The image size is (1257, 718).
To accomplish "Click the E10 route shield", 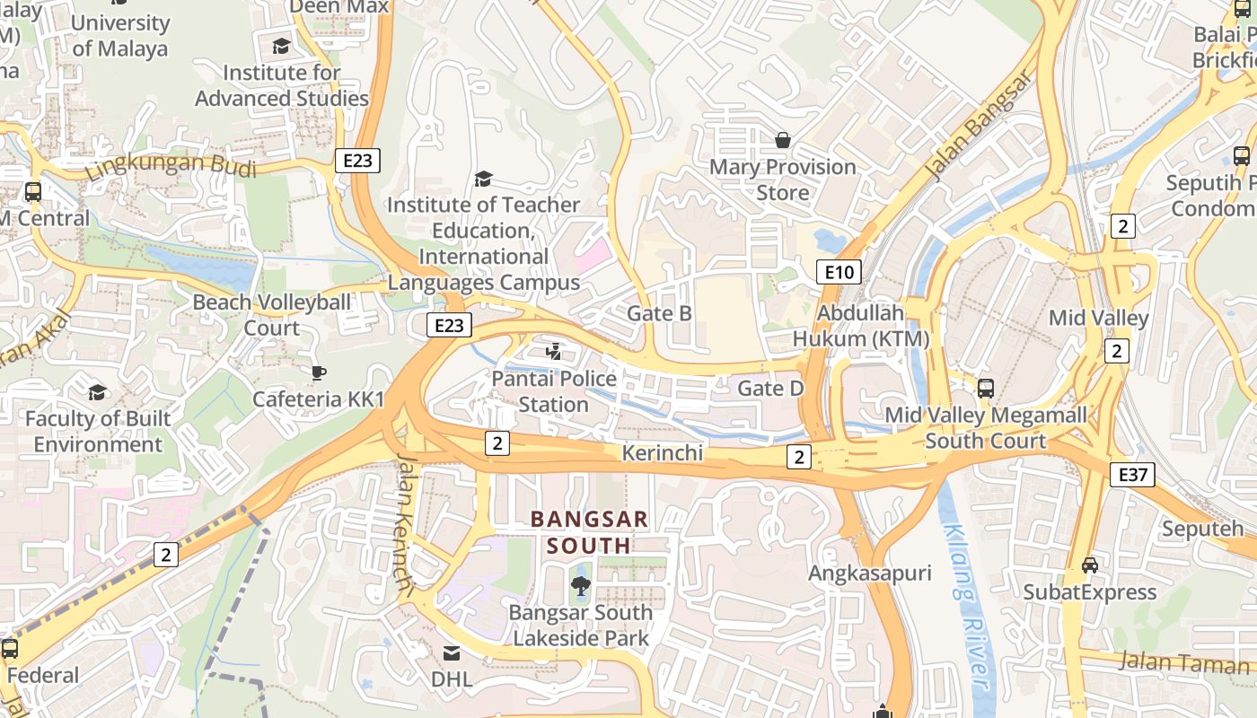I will [x=839, y=272].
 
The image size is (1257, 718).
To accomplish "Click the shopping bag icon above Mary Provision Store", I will [x=783, y=140].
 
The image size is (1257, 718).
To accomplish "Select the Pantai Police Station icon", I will [x=555, y=351].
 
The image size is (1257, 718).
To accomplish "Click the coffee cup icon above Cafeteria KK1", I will [x=318, y=372].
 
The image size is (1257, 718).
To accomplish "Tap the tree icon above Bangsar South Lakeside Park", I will [x=581, y=587].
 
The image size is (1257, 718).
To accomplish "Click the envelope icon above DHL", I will [x=452, y=652].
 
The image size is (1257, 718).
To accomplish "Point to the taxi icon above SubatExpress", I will [x=1090, y=565].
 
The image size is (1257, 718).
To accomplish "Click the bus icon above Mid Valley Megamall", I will [x=986, y=389].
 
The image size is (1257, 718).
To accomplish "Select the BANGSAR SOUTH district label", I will [x=589, y=532].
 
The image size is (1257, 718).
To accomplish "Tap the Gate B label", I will [x=659, y=313].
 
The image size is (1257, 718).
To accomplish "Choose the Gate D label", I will [x=770, y=389].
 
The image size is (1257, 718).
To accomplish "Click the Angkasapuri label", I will [x=870, y=573].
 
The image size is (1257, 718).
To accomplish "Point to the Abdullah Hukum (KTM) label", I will [x=860, y=326].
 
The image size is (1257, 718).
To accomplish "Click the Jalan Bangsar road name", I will [x=979, y=126].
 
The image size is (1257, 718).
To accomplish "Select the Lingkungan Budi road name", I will [x=171, y=168].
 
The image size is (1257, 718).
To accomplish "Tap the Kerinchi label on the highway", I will [x=663, y=453].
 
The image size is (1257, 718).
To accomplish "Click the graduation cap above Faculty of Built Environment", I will [x=97, y=393].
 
